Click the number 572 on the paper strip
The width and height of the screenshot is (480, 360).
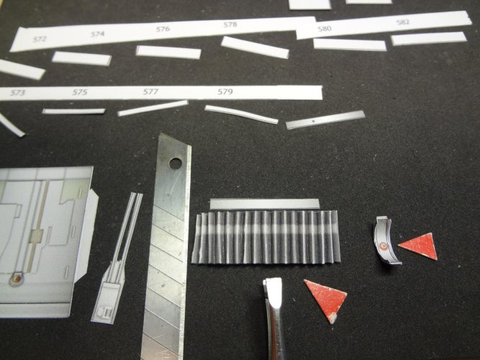click(x=40, y=39)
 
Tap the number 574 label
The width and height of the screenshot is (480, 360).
click(x=98, y=34)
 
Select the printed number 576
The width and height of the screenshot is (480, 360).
click(x=163, y=29)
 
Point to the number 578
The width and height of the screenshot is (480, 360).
click(x=230, y=24)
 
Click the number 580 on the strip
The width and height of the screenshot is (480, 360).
click(x=325, y=29)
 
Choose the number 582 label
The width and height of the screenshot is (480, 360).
click(x=402, y=22)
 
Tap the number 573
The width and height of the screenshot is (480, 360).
click(x=17, y=93)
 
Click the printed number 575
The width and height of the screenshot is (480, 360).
click(x=80, y=92)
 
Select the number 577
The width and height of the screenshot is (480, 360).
click(x=150, y=91)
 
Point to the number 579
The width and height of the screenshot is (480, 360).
click(x=225, y=91)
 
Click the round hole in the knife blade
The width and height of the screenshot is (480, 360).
click(x=175, y=163)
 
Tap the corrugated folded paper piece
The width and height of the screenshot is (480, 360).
click(x=266, y=237)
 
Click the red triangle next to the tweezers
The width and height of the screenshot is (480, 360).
click(x=326, y=298)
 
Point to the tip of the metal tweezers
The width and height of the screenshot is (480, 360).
click(x=272, y=279)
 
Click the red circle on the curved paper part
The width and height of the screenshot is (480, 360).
click(x=381, y=246)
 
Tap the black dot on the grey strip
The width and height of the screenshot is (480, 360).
click(x=313, y=122)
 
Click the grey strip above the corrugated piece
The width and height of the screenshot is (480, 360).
click(x=265, y=204)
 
